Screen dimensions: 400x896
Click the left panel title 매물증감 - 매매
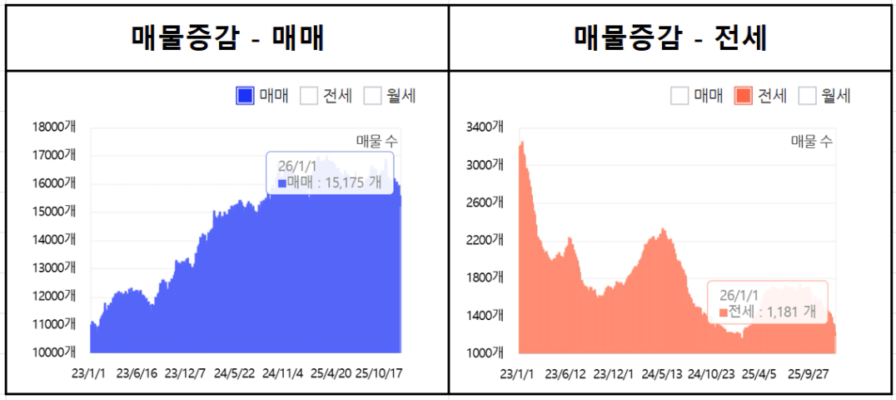[x=226, y=37]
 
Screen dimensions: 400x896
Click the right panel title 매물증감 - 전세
[x=671, y=37]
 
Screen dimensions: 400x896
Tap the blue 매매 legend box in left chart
[x=245, y=96]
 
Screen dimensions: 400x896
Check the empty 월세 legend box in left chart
[x=372, y=96]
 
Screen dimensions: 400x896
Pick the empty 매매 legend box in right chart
[x=679, y=96]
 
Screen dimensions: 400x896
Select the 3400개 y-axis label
[x=485, y=127]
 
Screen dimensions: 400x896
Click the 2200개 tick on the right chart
[x=485, y=240]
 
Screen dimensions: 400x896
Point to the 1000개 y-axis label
[x=485, y=352]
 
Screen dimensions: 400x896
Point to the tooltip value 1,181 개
[x=789, y=312]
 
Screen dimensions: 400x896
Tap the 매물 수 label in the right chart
[x=811, y=142]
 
